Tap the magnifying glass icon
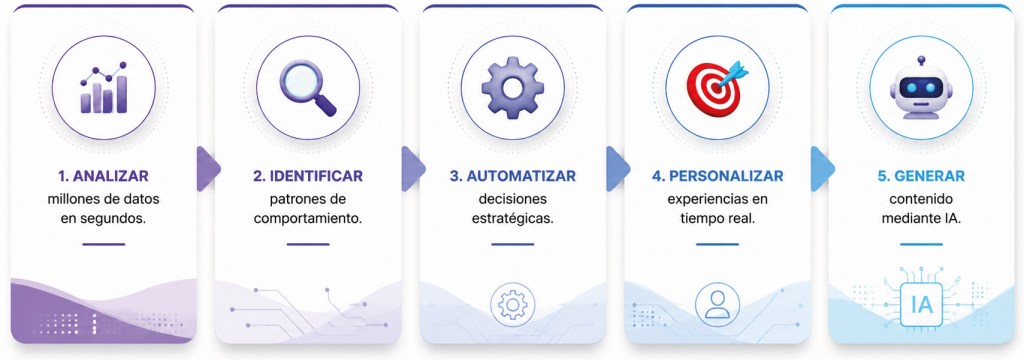click(x=308, y=88)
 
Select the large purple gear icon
click(x=512, y=88)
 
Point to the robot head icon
click(x=921, y=88)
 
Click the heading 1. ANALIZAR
click(x=103, y=176)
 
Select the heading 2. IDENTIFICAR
click(x=308, y=176)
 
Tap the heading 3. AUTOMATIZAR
click(x=513, y=176)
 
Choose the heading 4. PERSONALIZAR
click(x=717, y=176)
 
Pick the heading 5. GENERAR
click(x=921, y=176)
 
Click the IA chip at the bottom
click(x=921, y=304)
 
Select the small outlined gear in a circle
click(x=513, y=304)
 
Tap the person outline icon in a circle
click(x=717, y=304)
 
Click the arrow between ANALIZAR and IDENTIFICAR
click(x=208, y=169)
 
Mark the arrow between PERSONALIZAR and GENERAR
click(x=822, y=169)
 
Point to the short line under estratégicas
click(x=513, y=244)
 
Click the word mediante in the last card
click(x=908, y=219)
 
